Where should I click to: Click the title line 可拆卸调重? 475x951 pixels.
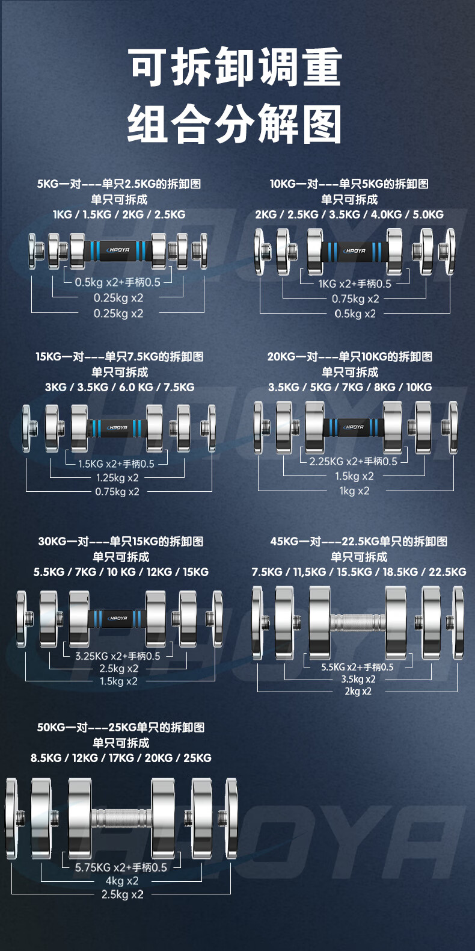(x=235, y=67)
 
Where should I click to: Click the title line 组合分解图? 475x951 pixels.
(x=235, y=123)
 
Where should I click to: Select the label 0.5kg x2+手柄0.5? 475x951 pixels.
(x=118, y=282)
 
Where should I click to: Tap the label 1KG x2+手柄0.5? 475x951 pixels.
(x=355, y=283)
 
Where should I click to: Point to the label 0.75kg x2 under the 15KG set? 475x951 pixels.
(x=117, y=492)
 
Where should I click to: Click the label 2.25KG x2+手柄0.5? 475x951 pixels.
(x=361, y=462)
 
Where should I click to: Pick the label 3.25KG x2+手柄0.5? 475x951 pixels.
(x=118, y=656)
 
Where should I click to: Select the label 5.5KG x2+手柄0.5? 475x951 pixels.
(x=357, y=667)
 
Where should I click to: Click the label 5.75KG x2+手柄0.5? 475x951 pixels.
(x=121, y=867)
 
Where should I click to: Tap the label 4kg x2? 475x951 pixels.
(x=122, y=881)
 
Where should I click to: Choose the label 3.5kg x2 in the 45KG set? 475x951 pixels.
(x=358, y=679)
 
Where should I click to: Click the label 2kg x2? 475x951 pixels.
(x=358, y=691)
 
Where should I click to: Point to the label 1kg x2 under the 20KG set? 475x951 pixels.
(x=355, y=491)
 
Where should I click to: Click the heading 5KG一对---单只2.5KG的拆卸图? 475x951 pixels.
(x=119, y=184)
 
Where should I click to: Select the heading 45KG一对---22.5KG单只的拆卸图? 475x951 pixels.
(x=359, y=541)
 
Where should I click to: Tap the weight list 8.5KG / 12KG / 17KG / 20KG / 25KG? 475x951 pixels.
(x=121, y=758)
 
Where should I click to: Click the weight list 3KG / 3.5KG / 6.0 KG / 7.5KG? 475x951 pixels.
(x=120, y=387)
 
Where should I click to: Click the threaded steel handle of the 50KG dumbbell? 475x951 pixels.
(x=121, y=819)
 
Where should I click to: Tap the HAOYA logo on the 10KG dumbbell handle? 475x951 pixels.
(x=355, y=251)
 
